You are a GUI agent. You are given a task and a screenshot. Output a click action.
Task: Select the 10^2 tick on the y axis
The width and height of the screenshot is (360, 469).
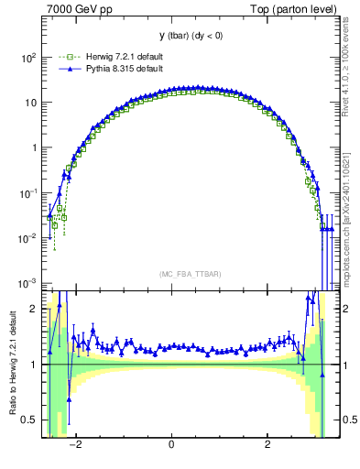point(27,57)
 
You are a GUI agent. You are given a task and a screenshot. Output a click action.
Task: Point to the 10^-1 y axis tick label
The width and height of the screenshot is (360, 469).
point(27,193)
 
